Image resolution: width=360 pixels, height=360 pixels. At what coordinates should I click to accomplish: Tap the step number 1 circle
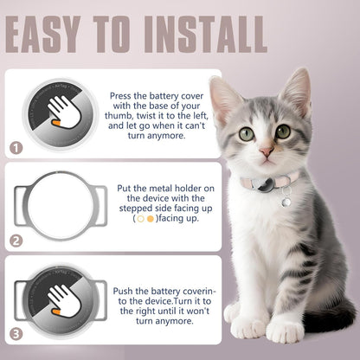(x=16, y=148)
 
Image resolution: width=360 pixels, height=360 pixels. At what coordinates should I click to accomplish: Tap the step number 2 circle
(x=16, y=241)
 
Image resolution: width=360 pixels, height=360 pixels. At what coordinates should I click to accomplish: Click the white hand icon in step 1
(x=61, y=112)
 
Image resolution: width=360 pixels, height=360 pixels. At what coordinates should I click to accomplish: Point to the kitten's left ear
(x=227, y=96)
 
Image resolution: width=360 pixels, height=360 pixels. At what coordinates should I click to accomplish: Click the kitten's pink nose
(x=268, y=151)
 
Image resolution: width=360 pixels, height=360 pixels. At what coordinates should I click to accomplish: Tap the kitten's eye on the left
(x=247, y=133)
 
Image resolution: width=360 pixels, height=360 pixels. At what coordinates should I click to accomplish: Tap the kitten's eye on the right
(x=283, y=132)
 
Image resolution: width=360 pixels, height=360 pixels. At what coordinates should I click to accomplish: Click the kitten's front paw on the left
(x=249, y=326)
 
